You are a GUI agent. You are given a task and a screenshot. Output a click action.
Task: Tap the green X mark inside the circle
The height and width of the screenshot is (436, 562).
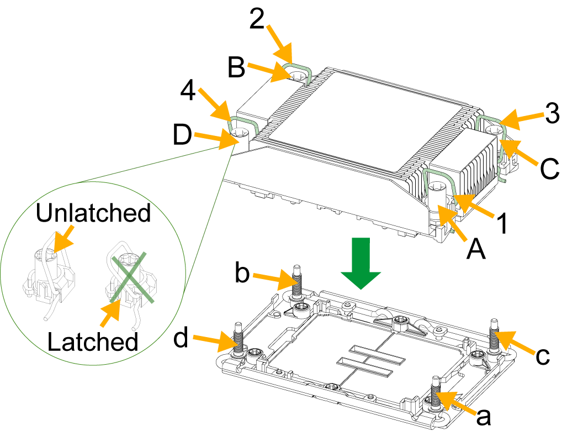click(131, 278)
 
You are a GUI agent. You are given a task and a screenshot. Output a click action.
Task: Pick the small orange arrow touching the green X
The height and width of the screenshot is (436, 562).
click(110, 314)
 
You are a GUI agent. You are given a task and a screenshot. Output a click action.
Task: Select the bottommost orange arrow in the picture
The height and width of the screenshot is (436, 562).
click(456, 403)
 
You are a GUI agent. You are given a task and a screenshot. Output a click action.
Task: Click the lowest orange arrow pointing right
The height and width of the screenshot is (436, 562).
click(215, 341)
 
